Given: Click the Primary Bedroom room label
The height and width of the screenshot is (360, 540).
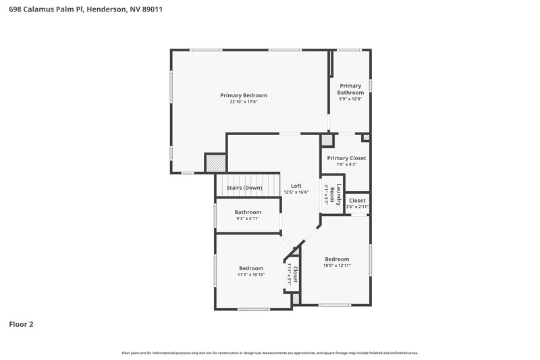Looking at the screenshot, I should [x=244, y=95].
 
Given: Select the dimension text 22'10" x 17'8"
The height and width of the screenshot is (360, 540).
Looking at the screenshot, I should [x=244, y=102].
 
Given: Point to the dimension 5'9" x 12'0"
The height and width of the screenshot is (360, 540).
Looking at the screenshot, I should [x=350, y=99].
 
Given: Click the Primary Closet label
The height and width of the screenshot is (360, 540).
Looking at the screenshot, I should [x=346, y=158].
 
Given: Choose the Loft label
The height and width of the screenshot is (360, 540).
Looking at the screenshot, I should [x=296, y=186].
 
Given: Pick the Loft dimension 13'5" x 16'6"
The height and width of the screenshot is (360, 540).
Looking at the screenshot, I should [x=296, y=192].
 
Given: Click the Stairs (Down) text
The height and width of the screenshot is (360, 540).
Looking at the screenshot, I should [x=244, y=187].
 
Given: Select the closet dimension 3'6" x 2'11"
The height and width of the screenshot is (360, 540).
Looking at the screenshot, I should [x=356, y=207].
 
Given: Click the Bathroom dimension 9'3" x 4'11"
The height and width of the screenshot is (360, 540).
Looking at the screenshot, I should [x=248, y=219].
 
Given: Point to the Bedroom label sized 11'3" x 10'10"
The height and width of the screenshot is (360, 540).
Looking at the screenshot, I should [x=251, y=268].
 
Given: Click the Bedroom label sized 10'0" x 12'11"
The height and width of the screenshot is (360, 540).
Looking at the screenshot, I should [x=337, y=259].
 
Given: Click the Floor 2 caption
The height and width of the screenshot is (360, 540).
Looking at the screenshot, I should [x=21, y=324].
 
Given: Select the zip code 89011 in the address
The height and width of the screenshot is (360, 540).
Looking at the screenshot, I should [x=153, y=10].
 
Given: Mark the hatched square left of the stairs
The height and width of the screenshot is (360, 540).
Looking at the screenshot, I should [x=215, y=163].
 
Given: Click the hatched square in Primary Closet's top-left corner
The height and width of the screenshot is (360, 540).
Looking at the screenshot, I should [x=327, y=140].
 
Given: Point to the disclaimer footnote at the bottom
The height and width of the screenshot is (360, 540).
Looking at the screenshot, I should [x=270, y=353].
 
